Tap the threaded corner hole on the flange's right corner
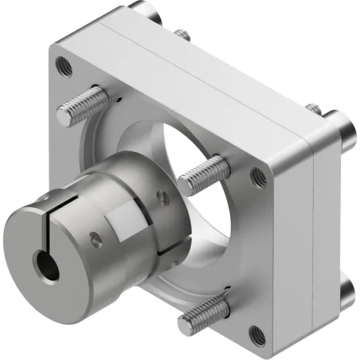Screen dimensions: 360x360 point(259,176)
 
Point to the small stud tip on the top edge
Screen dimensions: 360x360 point(181,34)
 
